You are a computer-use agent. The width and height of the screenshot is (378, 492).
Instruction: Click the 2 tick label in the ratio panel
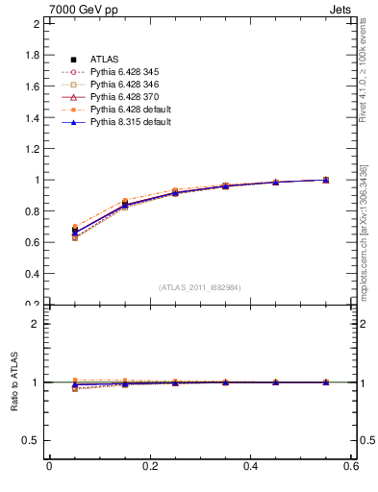tap(36, 324)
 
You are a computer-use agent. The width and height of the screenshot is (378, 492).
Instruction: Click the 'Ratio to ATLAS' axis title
tap(13, 382)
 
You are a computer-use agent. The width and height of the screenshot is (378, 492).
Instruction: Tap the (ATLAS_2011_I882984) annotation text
tap(200, 287)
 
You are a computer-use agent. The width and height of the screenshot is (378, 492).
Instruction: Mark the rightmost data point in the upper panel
tap(326, 180)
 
